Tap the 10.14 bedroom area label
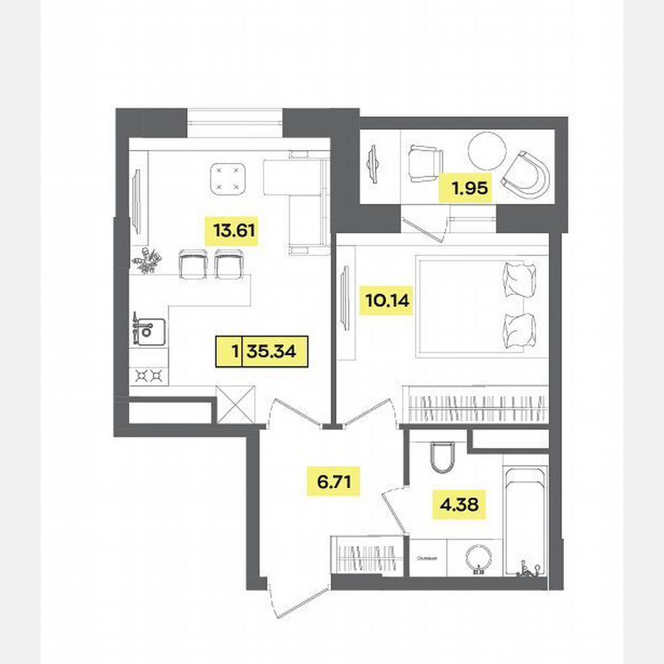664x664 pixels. pos(387,300)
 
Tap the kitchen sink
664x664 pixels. pos(146,330)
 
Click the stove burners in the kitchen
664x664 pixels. pos(150,375)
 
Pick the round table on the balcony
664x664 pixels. pos(487,151)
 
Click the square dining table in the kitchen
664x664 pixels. pos(227,178)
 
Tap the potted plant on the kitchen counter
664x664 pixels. pos(146,261)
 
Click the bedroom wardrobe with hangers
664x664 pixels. pos(475,404)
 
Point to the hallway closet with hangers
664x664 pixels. pos(367,556)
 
